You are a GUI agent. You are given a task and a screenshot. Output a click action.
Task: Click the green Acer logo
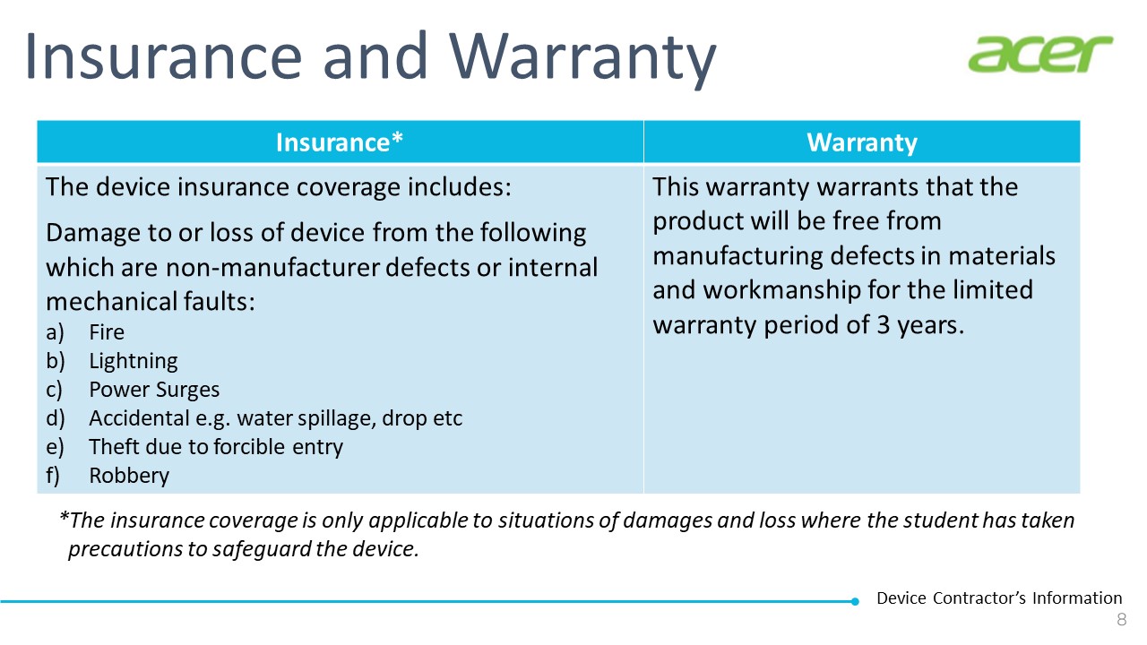(x=1040, y=54)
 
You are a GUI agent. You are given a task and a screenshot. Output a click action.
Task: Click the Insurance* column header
(x=340, y=142)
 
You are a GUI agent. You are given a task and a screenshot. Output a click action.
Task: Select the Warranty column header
(x=862, y=142)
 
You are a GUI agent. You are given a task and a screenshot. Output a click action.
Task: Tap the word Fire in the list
(x=107, y=332)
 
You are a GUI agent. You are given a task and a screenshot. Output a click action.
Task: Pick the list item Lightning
(x=134, y=361)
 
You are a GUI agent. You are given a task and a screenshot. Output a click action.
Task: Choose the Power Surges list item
(x=154, y=390)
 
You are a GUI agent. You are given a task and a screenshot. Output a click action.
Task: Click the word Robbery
(x=129, y=476)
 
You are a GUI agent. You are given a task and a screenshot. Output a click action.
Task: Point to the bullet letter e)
(x=55, y=447)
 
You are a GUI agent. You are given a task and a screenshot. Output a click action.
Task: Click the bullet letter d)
(x=56, y=418)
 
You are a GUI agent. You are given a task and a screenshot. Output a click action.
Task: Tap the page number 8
(x=1121, y=619)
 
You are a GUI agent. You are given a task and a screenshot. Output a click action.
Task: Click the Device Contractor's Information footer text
(x=999, y=598)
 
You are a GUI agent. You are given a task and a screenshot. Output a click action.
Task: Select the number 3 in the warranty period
(x=883, y=325)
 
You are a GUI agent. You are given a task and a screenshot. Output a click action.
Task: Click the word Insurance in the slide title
(x=164, y=56)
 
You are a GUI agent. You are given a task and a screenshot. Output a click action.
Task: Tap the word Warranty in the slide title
(x=582, y=59)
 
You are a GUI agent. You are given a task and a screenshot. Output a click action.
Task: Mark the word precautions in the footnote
(x=125, y=549)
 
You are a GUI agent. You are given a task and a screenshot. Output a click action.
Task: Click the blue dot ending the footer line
(x=855, y=601)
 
